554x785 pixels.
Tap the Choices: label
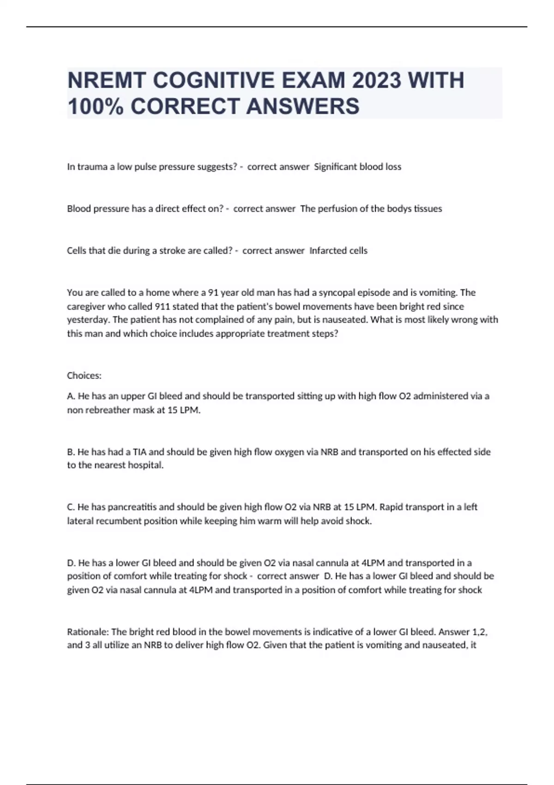click(x=84, y=376)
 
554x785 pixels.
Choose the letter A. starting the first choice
click(x=71, y=396)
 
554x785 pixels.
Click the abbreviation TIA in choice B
click(x=139, y=452)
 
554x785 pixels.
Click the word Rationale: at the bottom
click(x=88, y=632)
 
